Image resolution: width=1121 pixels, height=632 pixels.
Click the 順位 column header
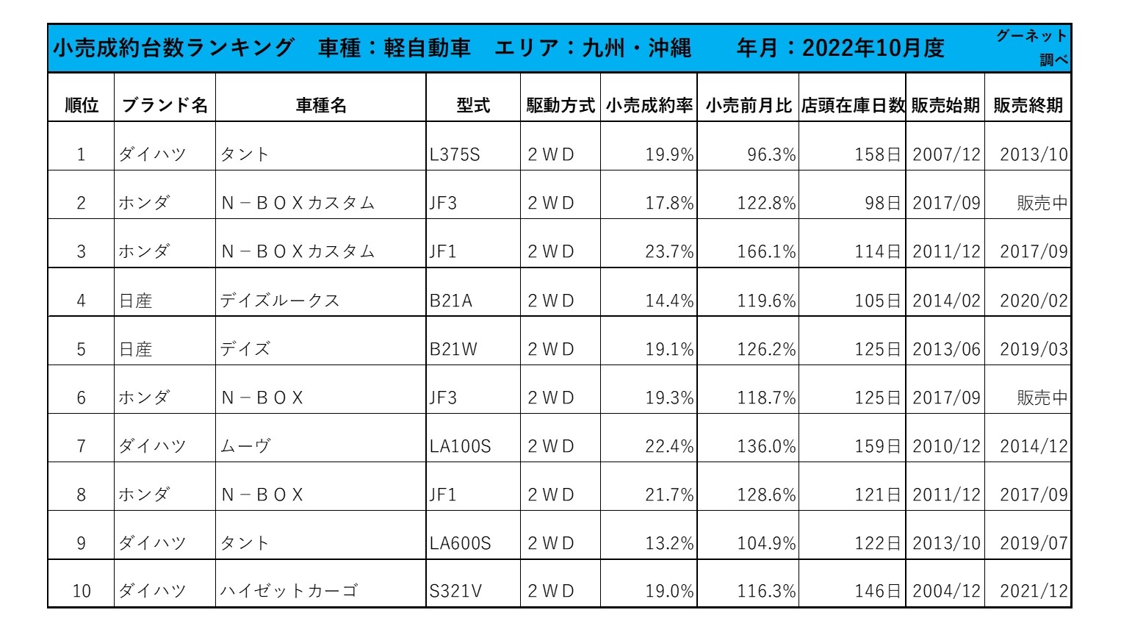point(81,105)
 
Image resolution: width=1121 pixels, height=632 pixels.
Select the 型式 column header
point(473,105)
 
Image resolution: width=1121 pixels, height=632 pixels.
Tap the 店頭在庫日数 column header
point(852,105)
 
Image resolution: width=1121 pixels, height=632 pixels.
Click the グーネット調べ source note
point(1031,47)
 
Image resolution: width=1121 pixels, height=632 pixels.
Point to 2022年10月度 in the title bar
point(873,48)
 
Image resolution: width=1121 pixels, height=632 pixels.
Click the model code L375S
point(455,154)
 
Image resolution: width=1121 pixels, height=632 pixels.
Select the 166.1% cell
point(766,251)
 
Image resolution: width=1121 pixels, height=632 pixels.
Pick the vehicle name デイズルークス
point(280,301)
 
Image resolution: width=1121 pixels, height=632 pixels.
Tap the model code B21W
point(453,349)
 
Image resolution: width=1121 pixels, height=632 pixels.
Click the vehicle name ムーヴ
point(245,446)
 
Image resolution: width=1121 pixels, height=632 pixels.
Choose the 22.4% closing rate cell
point(669,446)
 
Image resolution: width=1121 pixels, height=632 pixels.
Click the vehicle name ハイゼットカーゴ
point(289,591)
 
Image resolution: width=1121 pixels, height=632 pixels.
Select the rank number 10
point(82,591)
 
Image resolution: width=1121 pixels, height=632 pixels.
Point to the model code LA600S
point(460,543)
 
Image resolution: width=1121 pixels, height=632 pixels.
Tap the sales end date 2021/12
point(1034,591)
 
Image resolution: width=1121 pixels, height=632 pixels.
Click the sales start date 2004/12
point(946,591)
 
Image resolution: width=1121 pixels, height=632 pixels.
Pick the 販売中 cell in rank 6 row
point(1042,398)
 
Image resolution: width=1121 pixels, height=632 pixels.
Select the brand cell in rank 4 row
point(136,301)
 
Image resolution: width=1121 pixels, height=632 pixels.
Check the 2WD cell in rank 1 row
point(551,154)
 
